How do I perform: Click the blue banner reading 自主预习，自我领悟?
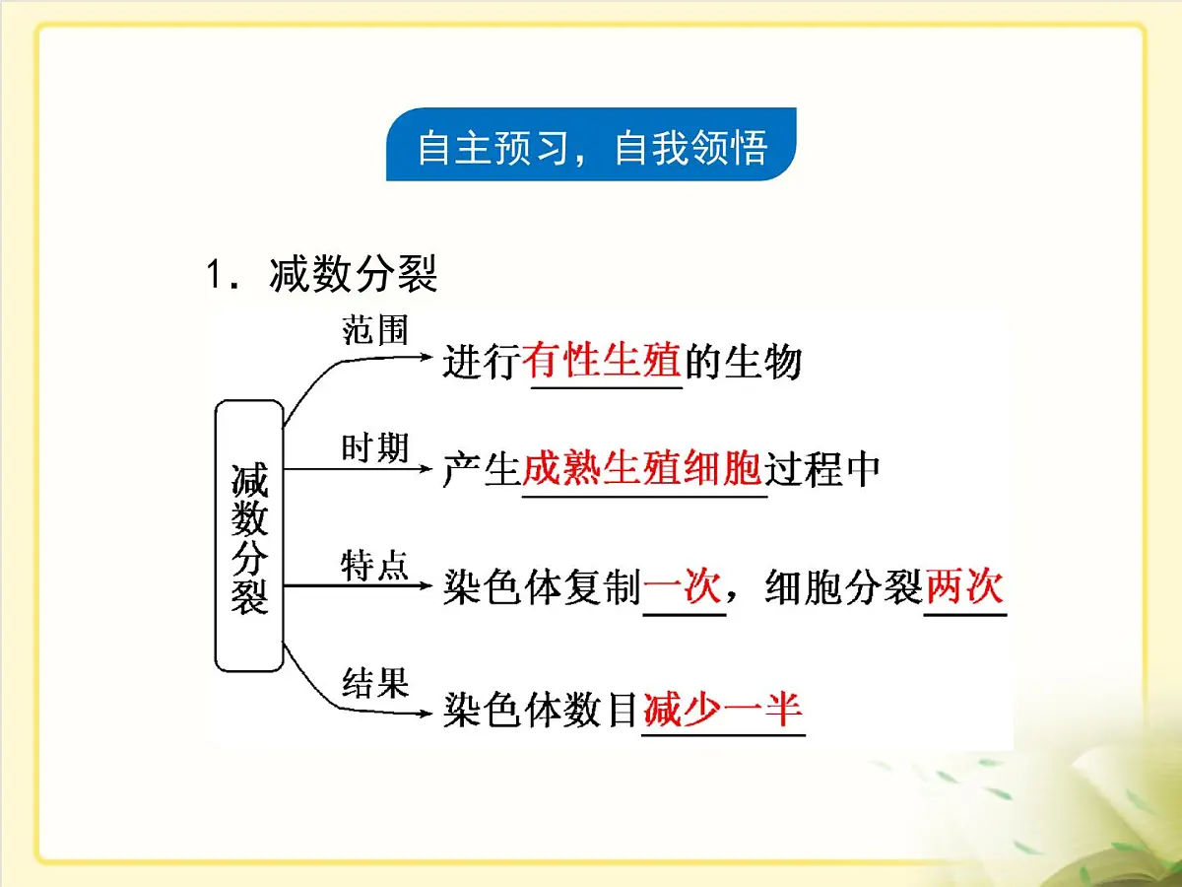591,148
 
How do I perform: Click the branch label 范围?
374,329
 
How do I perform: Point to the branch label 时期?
374,448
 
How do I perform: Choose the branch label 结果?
374,682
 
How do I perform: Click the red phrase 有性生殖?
602,362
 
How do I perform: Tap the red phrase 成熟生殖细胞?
641,470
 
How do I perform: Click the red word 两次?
964,588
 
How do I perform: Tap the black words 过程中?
822,470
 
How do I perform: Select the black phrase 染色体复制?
542,589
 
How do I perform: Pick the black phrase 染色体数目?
541,710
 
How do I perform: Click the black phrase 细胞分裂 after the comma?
843,589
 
